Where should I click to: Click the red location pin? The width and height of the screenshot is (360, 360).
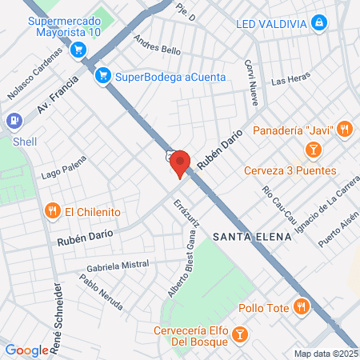click(x=180, y=162)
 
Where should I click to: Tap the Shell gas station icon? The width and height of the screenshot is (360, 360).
click(x=14, y=121)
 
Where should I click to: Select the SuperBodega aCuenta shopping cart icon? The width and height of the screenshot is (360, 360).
click(x=102, y=77)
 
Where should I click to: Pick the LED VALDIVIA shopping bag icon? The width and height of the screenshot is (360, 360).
click(x=318, y=22)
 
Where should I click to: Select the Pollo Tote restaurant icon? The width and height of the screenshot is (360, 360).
click(x=301, y=306)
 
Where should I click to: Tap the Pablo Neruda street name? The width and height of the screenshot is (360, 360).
click(x=101, y=293)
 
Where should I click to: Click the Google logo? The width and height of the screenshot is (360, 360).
click(x=26, y=350)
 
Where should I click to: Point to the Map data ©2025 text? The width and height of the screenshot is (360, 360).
click(x=325, y=354)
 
